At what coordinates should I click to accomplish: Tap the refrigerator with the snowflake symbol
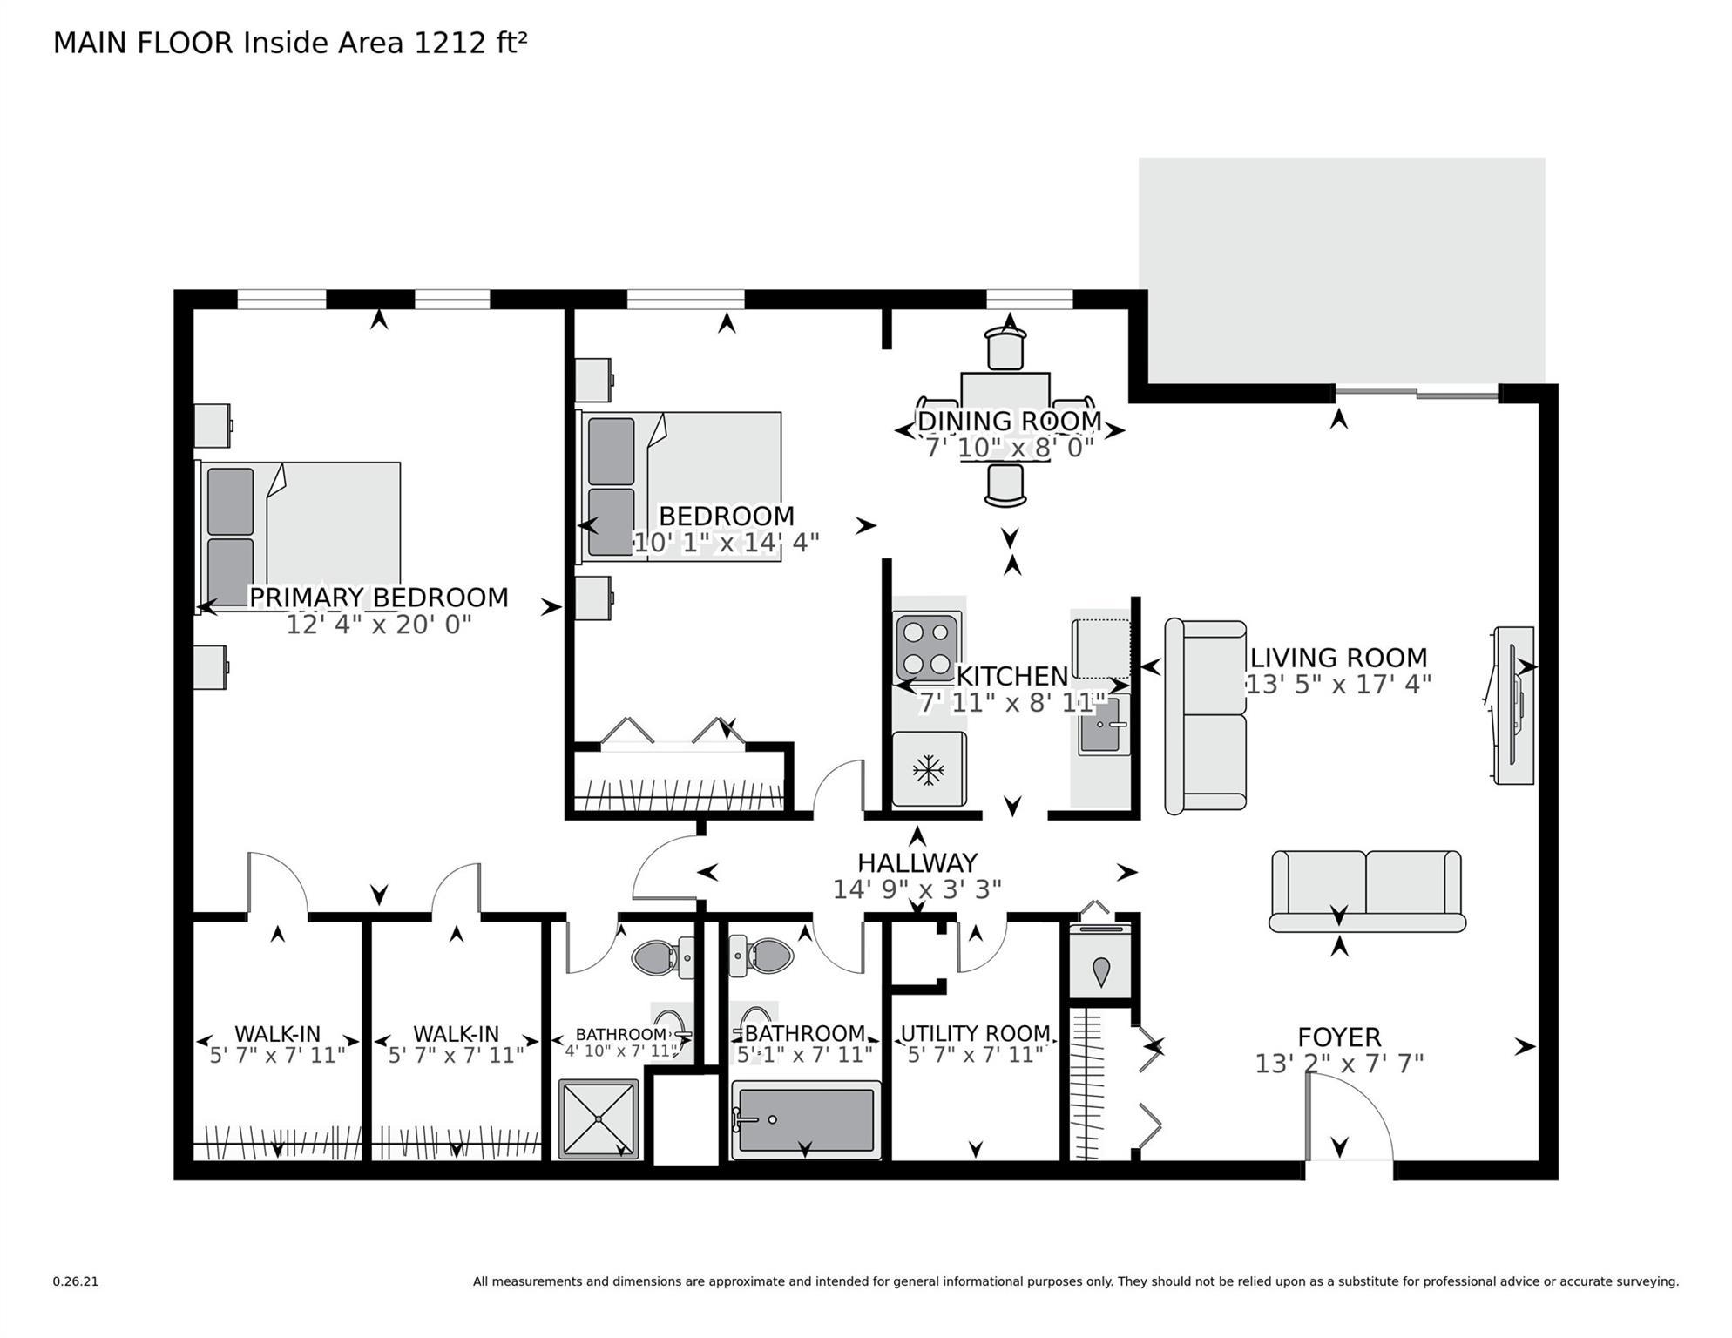pyautogui.click(x=929, y=769)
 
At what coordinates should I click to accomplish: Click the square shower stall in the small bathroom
pyautogui.click(x=599, y=1119)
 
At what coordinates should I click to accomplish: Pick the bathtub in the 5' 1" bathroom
pyautogui.click(x=806, y=1120)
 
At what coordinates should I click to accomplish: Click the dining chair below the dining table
pyautogui.click(x=1005, y=485)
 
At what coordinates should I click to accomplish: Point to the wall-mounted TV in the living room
pyautogui.click(x=1514, y=705)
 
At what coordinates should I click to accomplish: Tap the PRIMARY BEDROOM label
pyautogui.click(x=379, y=598)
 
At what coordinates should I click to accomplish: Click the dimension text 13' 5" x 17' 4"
pyautogui.click(x=1338, y=685)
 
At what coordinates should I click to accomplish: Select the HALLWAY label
pyautogui.click(x=917, y=863)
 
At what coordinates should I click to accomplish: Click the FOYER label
pyautogui.click(x=1339, y=1037)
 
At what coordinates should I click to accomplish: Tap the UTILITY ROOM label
pyautogui.click(x=975, y=1033)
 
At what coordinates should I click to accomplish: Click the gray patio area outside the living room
pyautogui.click(x=1342, y=266)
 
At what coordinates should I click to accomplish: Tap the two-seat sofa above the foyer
pyautogui.click(x=1366, y=890)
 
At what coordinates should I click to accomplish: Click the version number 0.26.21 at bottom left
pyautogui.click(x=75, y=1281)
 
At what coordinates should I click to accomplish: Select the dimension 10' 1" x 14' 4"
pyautogui.click(x=726, y=543)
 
